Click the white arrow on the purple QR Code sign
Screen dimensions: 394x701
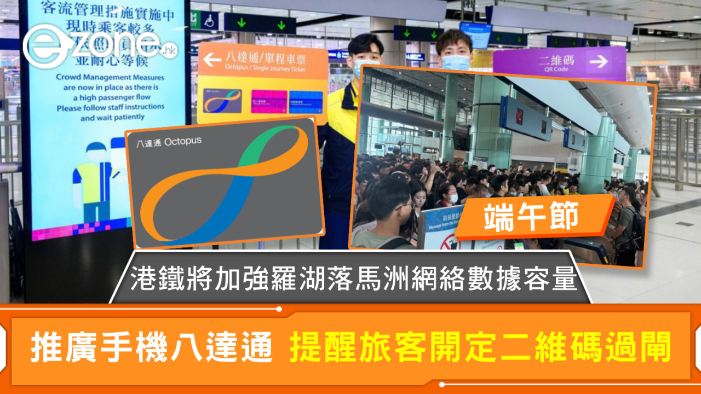[x=599, y=61]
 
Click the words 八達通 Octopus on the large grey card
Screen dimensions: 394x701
[x=168, y=142]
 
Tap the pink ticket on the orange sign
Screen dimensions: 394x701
[x=269, y=101]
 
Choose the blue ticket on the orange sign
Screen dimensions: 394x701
[x=306, y=101]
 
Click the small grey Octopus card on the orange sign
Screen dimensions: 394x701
[x=222, y=101]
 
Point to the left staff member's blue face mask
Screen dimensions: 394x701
[x=363, y=68]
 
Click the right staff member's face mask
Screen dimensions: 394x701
[x=456, y=62]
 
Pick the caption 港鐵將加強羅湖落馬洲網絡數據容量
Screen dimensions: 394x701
[x=353, y=280]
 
